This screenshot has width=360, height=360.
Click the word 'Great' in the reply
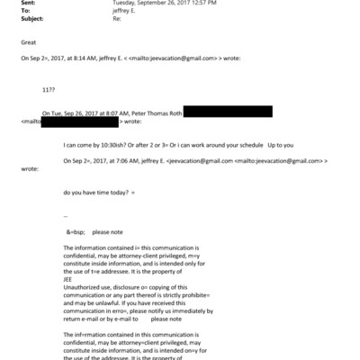(x=29, y=40)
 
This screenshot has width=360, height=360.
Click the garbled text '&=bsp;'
(x=76, y=232)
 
